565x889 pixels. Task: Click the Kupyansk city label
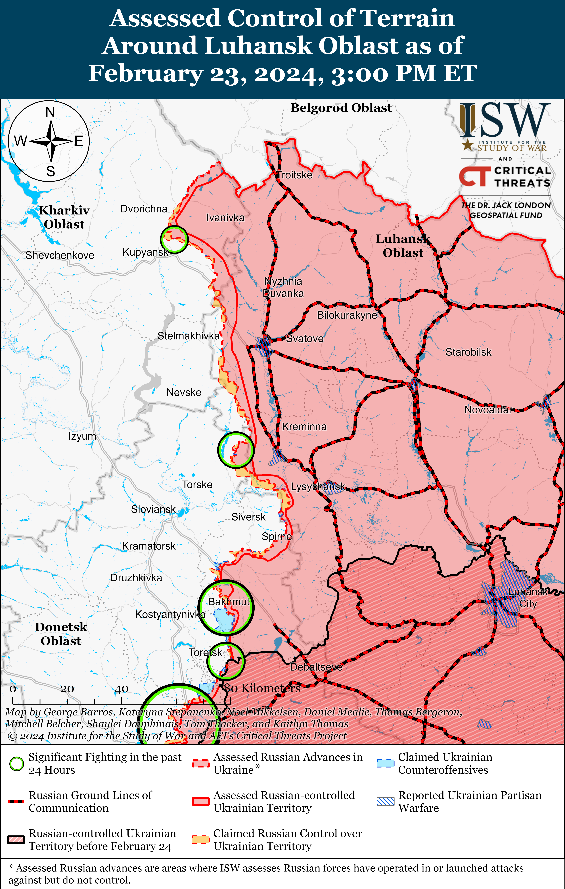pyautogui.click(x=145, y=252)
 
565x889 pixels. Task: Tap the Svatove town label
pyautogui.click(x=305, y=339)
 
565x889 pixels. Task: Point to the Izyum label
pyautogui.click(x=82, y=436)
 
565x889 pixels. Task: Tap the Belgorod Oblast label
pyautogui.click(x=341, y=108)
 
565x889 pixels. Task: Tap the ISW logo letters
pyautogui.click(x=505, y=120)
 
